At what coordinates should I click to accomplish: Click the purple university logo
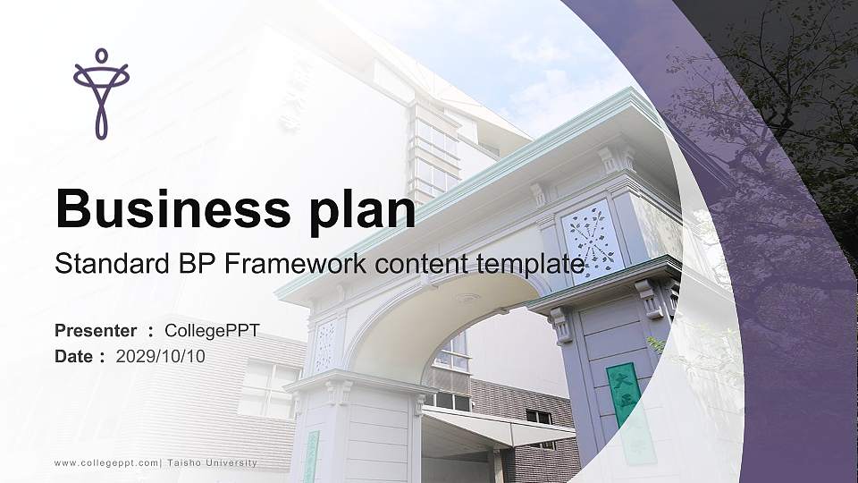pos(101,93)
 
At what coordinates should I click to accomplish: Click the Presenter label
pos(96,331)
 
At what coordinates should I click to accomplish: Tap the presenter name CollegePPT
pos(212,331)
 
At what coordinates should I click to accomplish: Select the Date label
pos(74,356)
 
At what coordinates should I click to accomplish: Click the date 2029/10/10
pos(161,356)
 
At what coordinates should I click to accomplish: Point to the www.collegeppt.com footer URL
pos(106,463)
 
